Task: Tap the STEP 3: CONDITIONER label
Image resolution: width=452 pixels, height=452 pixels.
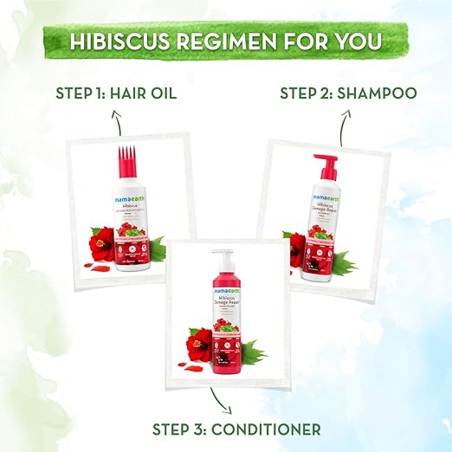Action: click(x=225, y=428)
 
